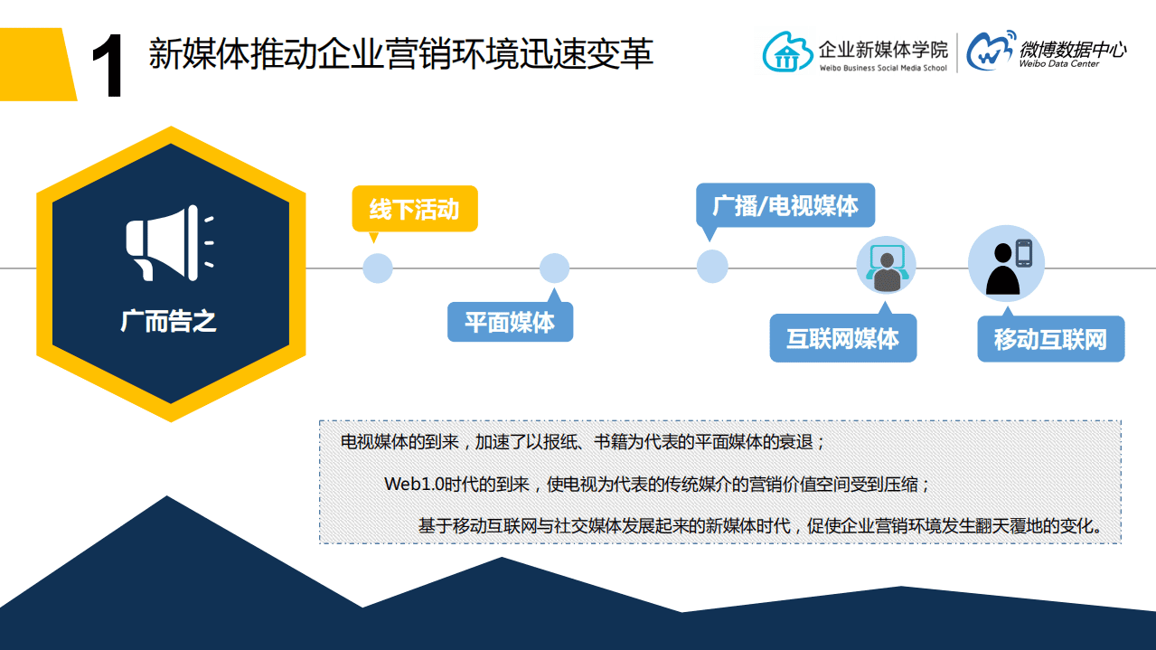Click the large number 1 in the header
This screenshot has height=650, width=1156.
108,69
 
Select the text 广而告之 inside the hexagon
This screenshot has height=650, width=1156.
169,320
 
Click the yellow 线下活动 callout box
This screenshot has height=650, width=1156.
415,210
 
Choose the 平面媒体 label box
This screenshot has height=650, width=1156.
510,323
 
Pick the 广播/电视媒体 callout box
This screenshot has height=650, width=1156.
785,206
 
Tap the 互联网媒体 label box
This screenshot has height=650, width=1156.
842,339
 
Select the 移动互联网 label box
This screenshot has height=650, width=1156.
1050,340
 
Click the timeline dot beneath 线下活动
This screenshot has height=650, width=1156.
378,268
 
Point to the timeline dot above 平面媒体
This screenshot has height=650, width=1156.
554,268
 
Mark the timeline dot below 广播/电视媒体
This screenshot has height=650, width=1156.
712,267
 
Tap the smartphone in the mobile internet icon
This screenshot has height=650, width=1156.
1023,253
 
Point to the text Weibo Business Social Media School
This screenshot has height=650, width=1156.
882,69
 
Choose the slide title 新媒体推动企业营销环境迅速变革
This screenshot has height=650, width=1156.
400,54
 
